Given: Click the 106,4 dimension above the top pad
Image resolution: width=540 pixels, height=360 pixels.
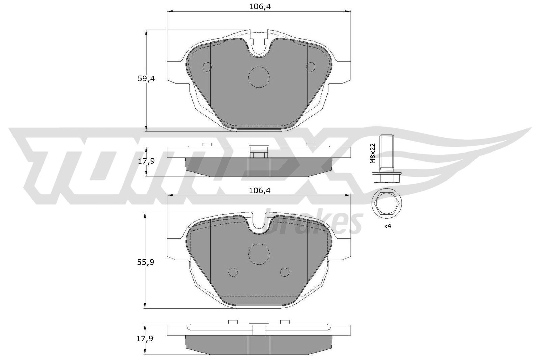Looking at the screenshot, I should pos(259,7).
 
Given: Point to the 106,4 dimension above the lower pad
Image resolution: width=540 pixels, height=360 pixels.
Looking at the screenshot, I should pos(259,191).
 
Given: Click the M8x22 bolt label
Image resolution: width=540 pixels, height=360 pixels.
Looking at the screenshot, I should pos(373,153).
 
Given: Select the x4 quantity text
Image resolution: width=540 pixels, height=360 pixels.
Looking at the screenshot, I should pos(387,226).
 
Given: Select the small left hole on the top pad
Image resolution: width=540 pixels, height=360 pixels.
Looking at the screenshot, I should pos(207,67).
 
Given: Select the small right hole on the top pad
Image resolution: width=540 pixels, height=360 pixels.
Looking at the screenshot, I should pos(310,67).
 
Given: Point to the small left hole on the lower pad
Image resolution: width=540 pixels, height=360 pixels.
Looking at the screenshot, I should pos(233,272).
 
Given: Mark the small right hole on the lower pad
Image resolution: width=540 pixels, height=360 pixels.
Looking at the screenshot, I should pos(285,272).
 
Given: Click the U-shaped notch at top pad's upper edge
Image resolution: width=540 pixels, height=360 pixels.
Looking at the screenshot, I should pos(259,47).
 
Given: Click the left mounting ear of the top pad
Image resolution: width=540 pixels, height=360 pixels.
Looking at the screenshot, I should pos(176,72).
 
